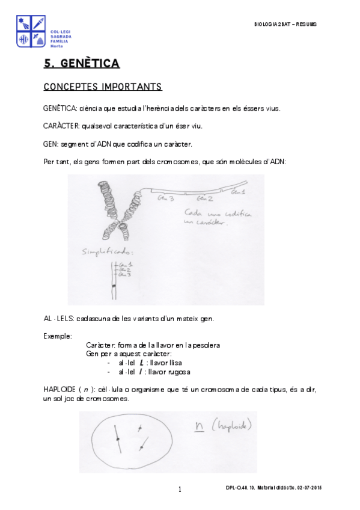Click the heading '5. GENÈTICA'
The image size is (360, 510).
click(x=82, y=63)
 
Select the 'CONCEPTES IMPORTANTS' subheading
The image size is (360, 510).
click(x=103, y=87)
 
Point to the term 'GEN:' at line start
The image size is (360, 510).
click(x=51, y=144)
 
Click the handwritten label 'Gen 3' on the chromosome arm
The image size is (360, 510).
click(x=166, y=197)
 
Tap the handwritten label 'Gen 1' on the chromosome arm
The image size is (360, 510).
click(x=239, y=192)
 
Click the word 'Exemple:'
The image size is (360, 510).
click(x=58, y=336)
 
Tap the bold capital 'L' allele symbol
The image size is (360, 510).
click(x=141, y=363)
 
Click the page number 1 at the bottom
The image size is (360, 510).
click(x=180, y=489)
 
